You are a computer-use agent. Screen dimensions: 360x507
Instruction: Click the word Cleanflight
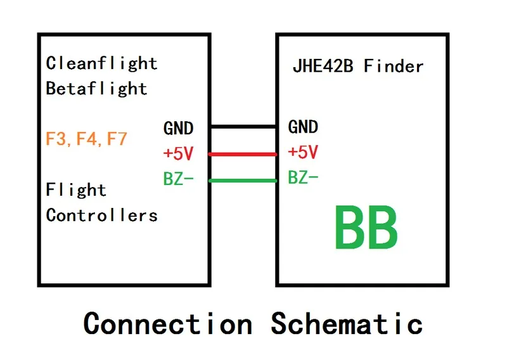[101, 63]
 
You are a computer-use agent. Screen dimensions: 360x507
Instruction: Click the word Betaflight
[96, 88]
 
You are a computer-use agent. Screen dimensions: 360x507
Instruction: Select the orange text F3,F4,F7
[87, 139]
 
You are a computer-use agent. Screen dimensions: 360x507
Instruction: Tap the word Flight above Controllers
[76, 190]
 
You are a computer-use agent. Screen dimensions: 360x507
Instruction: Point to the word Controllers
[101, 215]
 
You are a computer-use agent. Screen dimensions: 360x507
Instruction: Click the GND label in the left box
[178, 128]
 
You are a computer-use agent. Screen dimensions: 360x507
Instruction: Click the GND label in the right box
[303, 127]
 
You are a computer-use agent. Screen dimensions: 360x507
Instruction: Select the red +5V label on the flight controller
[178, 153]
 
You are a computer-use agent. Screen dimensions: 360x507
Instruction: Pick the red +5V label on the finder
[303, 153]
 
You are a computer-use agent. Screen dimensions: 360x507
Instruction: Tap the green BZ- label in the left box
[178, 179]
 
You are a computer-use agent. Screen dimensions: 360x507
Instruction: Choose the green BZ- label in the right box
[303, 178]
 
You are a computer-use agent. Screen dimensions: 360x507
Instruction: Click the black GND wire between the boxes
[243, 127]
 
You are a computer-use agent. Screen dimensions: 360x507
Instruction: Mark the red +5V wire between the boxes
[243, 154]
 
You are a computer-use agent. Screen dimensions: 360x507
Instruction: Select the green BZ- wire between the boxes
[243, 181]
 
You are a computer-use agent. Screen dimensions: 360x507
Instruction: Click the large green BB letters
[366, 228]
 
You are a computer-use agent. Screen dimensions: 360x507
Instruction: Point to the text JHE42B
[323, 66]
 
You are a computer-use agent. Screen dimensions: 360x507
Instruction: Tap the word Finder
[394, 66]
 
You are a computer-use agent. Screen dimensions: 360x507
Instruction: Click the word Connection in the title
[168, 323]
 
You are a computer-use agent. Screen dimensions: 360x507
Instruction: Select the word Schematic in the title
[347, 323]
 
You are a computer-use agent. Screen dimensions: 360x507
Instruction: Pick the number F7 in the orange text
[117, 139]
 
